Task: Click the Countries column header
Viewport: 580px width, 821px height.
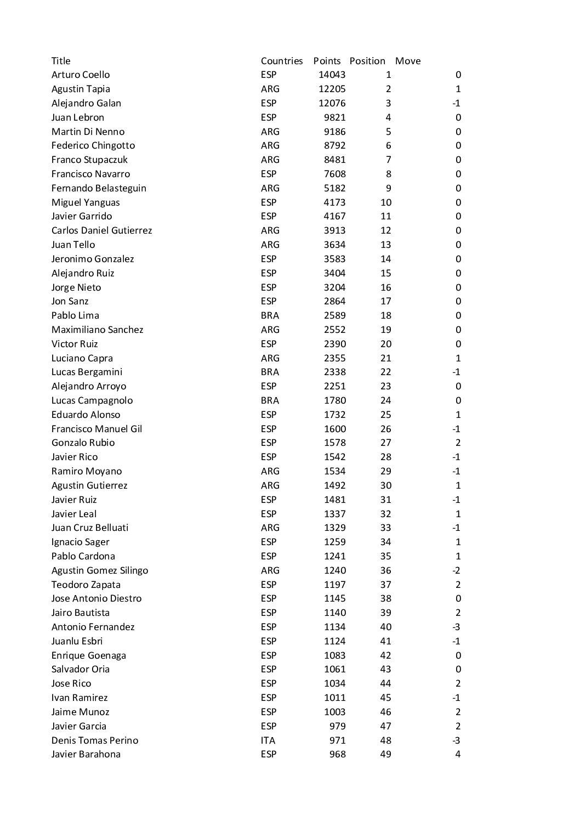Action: point(282,61)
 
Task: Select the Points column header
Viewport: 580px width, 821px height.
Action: point(327,61)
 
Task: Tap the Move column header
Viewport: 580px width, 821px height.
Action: point(408,61)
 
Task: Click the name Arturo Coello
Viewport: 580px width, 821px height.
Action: point(81,75)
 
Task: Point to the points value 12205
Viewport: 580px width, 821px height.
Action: point(332,89)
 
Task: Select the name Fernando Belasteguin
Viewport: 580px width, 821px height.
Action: point(99,188)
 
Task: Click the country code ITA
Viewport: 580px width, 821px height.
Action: point(268,740)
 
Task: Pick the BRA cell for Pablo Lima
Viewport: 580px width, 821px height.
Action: point(270,315)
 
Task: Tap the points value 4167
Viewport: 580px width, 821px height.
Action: point(334,216)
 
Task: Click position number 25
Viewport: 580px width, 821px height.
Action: point(386,415)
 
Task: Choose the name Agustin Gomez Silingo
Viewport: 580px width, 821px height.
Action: point(100,570)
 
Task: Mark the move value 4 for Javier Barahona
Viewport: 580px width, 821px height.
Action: point(458,754)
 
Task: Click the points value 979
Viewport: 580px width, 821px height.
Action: point(337,726)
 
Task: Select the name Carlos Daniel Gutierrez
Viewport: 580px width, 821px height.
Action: point(101,230)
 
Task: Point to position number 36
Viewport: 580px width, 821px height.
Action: point(386,570)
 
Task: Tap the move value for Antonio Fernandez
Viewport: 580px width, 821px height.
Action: point(456,627)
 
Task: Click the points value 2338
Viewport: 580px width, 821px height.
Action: point(334,372)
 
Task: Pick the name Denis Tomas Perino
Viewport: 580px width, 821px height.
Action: point(95,740)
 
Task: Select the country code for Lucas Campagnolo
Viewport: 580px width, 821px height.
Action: point(270,400)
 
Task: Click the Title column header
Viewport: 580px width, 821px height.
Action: point(61,61)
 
